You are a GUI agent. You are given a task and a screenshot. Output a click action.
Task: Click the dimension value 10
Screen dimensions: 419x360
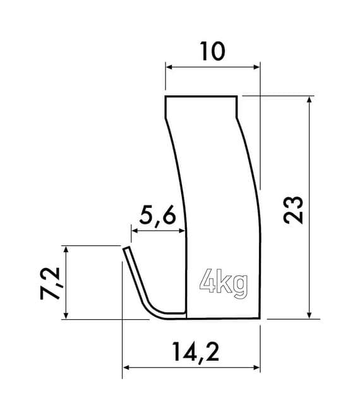(213, 51)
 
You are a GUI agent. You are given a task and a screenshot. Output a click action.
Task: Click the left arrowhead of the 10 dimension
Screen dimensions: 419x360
(169, 65)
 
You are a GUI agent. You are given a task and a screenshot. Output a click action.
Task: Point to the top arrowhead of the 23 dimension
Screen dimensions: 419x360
(309, 100)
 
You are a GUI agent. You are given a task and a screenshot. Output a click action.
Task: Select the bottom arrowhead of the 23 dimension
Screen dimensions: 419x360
(309, 315)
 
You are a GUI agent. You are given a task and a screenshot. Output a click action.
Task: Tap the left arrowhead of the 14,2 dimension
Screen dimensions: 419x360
(126, 367)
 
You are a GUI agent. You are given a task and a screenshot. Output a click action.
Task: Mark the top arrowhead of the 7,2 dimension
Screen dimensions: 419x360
(66, 248)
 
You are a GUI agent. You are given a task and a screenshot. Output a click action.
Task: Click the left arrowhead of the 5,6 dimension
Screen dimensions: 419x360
(133, 231)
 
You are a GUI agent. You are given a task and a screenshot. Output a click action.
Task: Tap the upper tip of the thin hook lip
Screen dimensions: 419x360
(124, 249)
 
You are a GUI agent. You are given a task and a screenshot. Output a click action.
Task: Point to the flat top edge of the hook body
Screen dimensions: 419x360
(202, 97)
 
